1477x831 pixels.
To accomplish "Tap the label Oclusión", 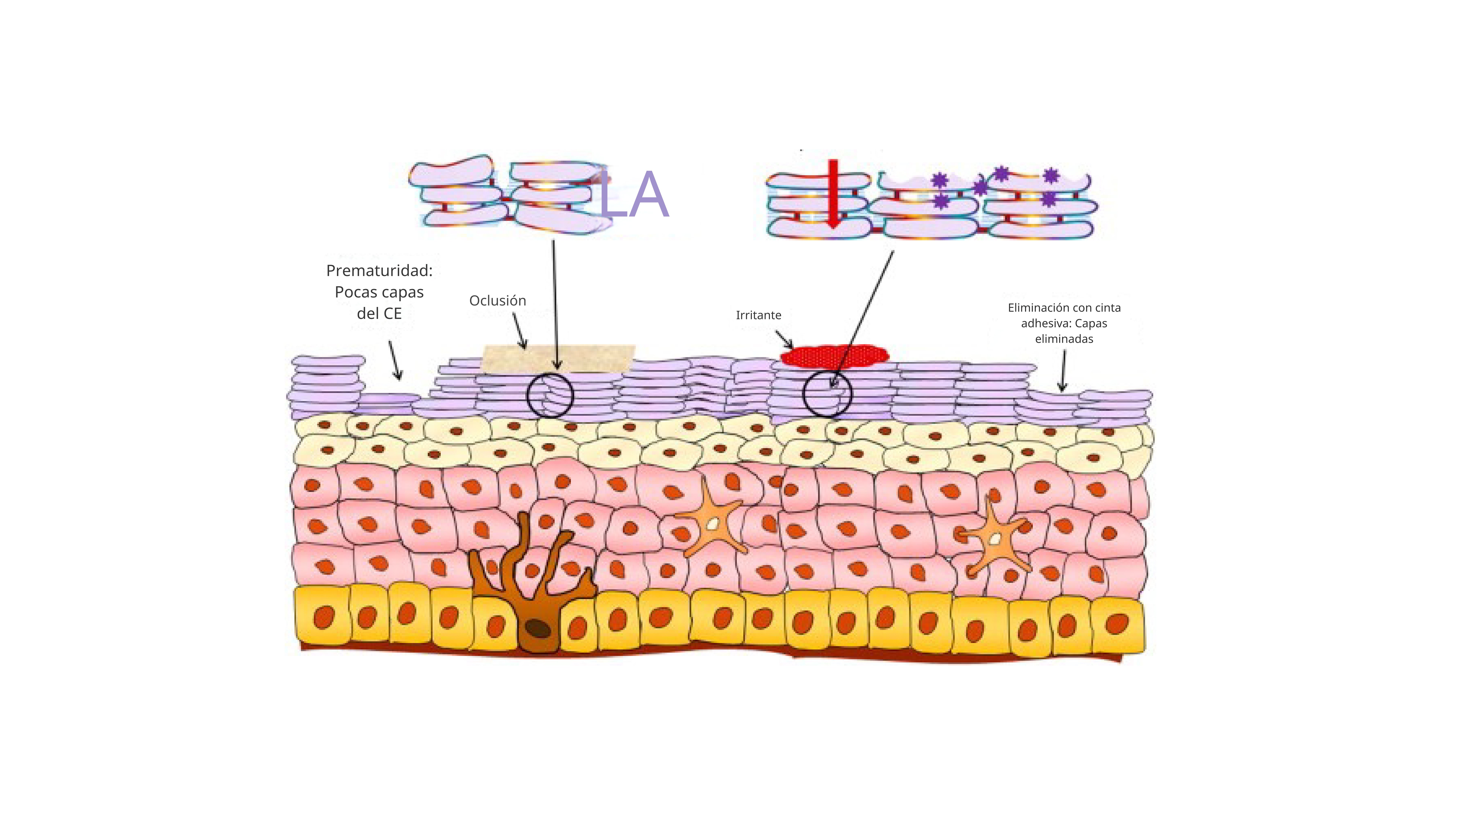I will (497, 300).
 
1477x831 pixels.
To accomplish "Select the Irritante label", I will (758, 315).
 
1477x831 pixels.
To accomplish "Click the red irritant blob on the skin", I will (834, 355).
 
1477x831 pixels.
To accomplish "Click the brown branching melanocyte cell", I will (533, 591).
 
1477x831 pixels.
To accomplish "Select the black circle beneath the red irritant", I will (827, 393).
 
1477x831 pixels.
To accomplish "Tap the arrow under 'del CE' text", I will (395, 360).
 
